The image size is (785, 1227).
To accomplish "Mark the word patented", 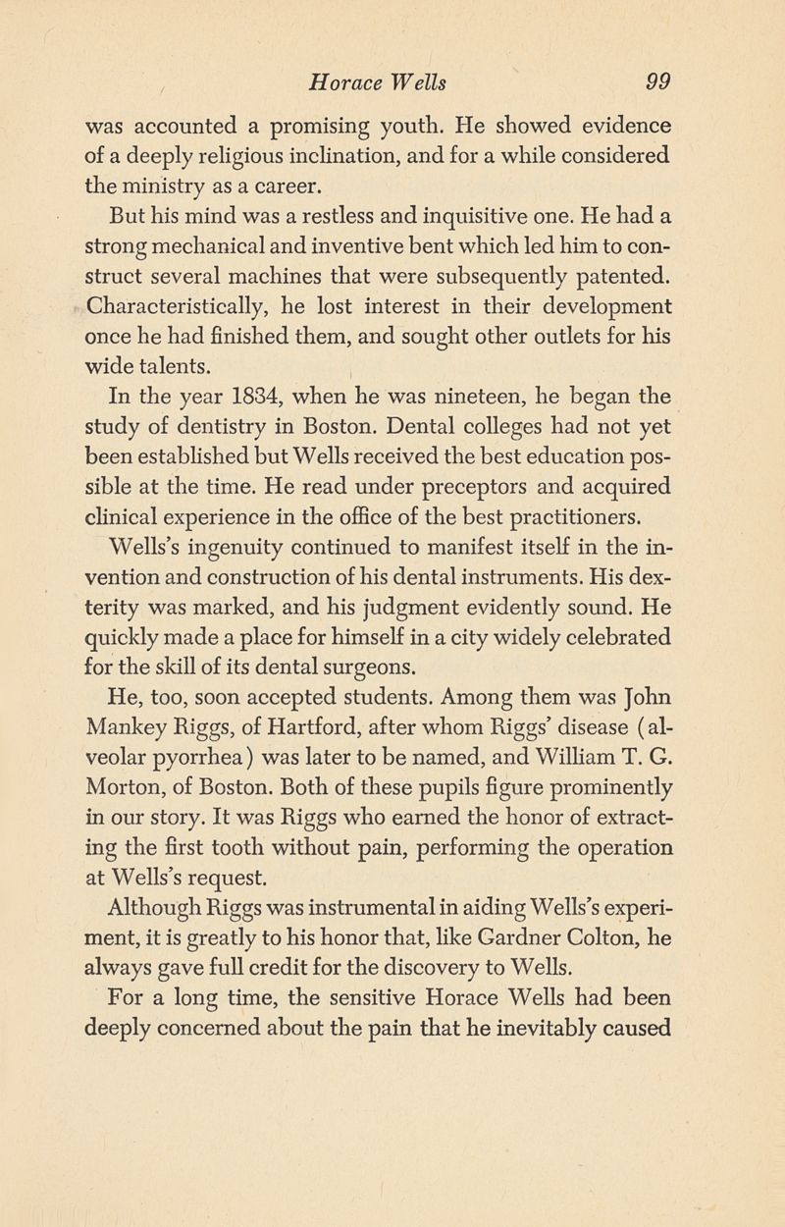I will [613, 271].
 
